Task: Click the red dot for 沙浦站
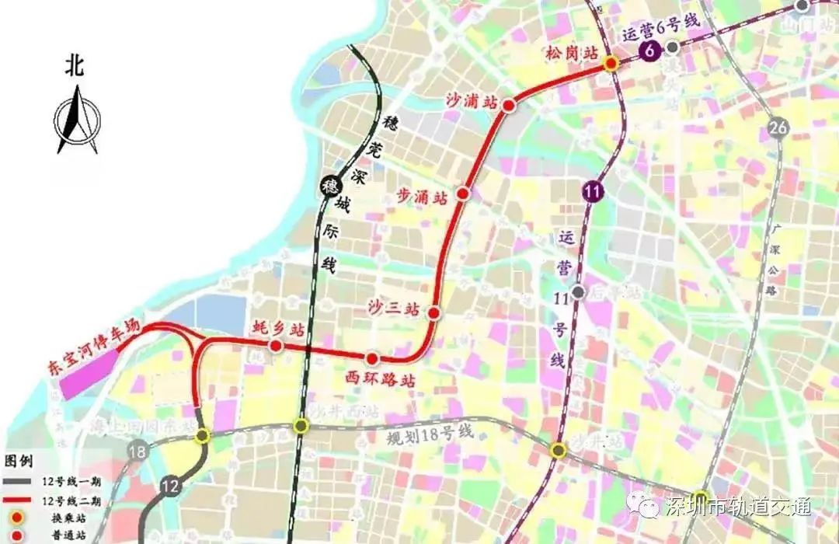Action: point(509,105)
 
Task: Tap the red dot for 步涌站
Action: point(464,194)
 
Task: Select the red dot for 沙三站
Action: point(434,313)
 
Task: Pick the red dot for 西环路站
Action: point(373,358)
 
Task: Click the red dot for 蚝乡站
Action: point(275,345)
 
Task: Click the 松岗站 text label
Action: point(572,53)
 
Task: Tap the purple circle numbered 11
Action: point(594,191)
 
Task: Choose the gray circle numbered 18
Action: point(138,451)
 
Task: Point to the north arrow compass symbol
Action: point(77,120)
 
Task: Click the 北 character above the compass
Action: point(75,67)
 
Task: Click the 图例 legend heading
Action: point(19,460)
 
